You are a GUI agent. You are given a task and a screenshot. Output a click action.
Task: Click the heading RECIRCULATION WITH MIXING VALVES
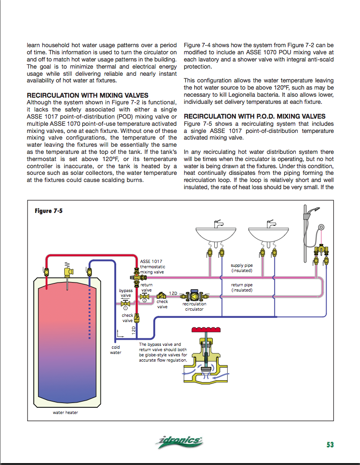[88, 95]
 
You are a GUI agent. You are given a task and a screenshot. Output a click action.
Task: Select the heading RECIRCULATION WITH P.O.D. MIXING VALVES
[255, 116]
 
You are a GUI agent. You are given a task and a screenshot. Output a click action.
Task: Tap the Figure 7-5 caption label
[49, 211]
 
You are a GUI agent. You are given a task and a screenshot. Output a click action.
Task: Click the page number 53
[330, 445]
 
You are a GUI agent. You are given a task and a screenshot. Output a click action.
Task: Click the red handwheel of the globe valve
[206, 330]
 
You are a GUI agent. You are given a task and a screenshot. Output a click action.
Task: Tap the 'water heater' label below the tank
[65, 413]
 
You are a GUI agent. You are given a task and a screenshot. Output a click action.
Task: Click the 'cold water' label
[116, 350]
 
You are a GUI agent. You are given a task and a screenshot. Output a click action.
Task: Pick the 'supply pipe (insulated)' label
[241, 268]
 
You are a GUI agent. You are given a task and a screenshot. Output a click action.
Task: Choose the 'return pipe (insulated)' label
[241, 287]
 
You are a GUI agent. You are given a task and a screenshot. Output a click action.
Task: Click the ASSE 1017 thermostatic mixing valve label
[152, 267]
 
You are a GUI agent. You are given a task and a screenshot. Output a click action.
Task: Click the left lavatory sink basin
[216, 234]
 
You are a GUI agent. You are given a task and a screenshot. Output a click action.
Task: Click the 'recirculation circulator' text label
[194, 306]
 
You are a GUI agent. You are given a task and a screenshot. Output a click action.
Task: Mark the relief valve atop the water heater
[68, 270]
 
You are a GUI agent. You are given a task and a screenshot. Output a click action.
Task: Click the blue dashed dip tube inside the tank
[89, 310]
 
